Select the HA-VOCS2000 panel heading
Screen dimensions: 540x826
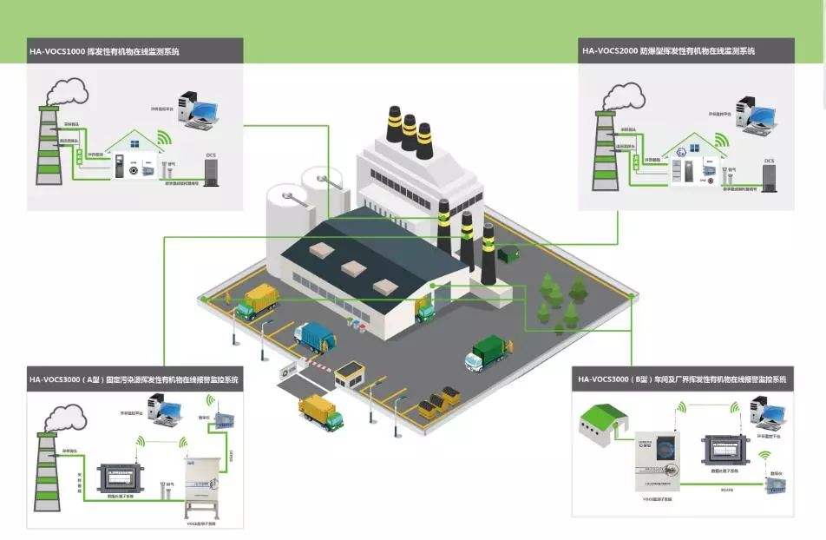coord(669,51)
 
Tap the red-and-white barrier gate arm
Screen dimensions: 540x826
coord(318,365)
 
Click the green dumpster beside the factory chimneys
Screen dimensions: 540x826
coord(509,254)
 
